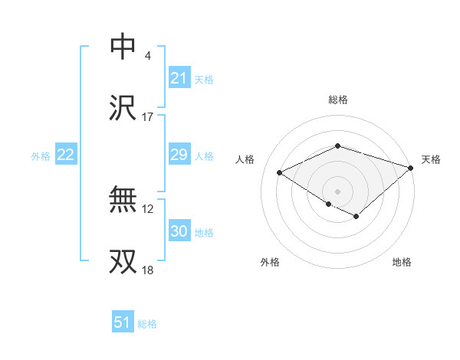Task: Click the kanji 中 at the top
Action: click(x=123, y=46)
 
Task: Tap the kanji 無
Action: click(x=123, y=200)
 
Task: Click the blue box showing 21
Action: click(x=179, y=78)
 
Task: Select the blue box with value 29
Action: click(x=179, y=155)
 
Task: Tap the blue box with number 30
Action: click(x=179, y=232)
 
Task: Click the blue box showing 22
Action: click(x=66, y=155)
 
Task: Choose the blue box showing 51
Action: click(x=123, y=323)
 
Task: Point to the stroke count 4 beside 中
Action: click(x=147, y=55)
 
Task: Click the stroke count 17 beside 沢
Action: click(x=147, y=117)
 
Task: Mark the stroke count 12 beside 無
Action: click(x=149, y=208)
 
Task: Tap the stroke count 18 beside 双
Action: click(x=147, y=270)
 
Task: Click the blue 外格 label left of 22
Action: click(x=41, y=156)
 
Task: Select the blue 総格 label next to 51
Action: click(x=147, y=324)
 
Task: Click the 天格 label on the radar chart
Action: click(x=431, y=159)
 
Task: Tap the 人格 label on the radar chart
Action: click(x=245, y=159)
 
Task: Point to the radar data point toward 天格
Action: click(x=412, y=167)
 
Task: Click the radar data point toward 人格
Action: click(x=280, y=172)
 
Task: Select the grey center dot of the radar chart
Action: click(x=337, y=191)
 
